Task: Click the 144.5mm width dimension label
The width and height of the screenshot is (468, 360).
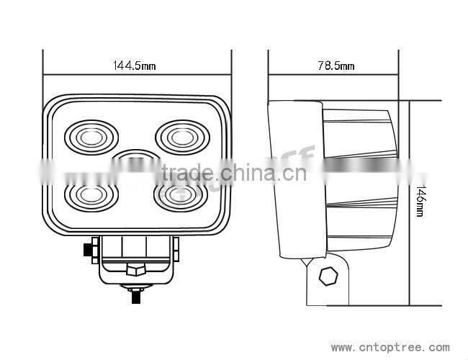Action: pos(135,66)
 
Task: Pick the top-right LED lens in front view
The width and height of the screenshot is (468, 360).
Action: pos(182,135)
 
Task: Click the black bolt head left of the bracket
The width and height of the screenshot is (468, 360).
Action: pos(91,250)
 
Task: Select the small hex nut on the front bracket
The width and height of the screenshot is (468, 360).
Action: pos(135,271)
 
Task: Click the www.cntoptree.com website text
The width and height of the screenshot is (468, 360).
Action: pos(390,347)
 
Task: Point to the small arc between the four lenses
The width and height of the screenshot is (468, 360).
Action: pos(137,156)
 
